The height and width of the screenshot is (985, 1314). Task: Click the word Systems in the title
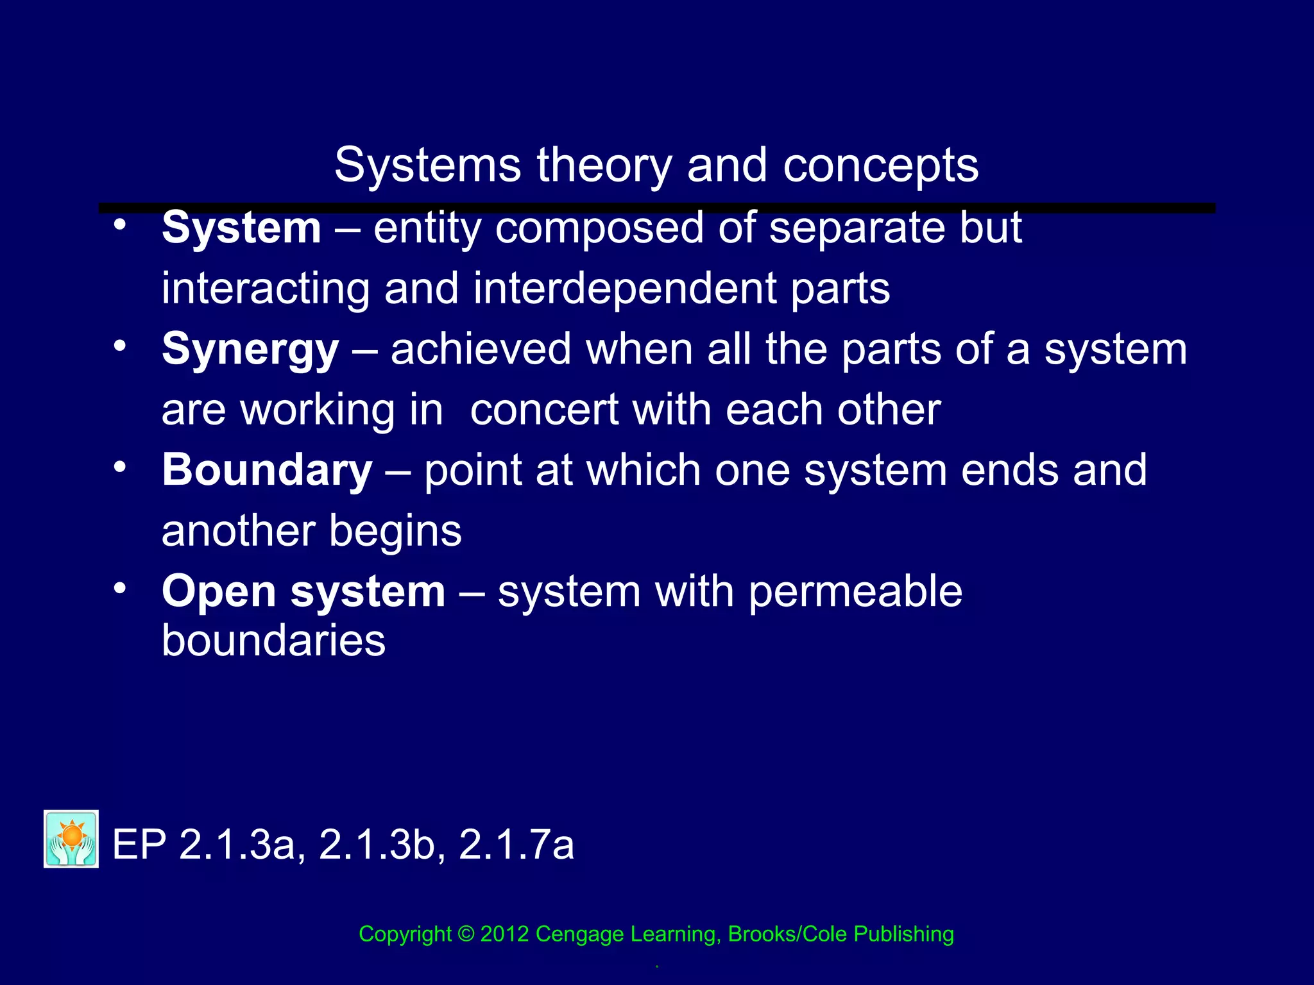[427, 165]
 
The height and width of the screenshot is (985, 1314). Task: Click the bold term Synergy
[250, 350]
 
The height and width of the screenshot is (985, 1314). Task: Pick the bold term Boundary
[267, 470]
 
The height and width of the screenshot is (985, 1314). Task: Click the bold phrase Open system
[303, 591]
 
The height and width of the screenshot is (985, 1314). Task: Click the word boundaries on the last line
[273, 641]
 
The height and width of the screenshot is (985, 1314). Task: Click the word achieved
[481, 349]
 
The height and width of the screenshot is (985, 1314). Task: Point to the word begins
[395, 532]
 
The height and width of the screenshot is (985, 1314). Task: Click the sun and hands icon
[71, 839]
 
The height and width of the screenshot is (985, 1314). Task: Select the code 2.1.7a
[516, 845]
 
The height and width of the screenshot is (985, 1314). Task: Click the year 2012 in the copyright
[504, 934]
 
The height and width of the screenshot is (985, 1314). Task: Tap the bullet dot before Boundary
[119, 467]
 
